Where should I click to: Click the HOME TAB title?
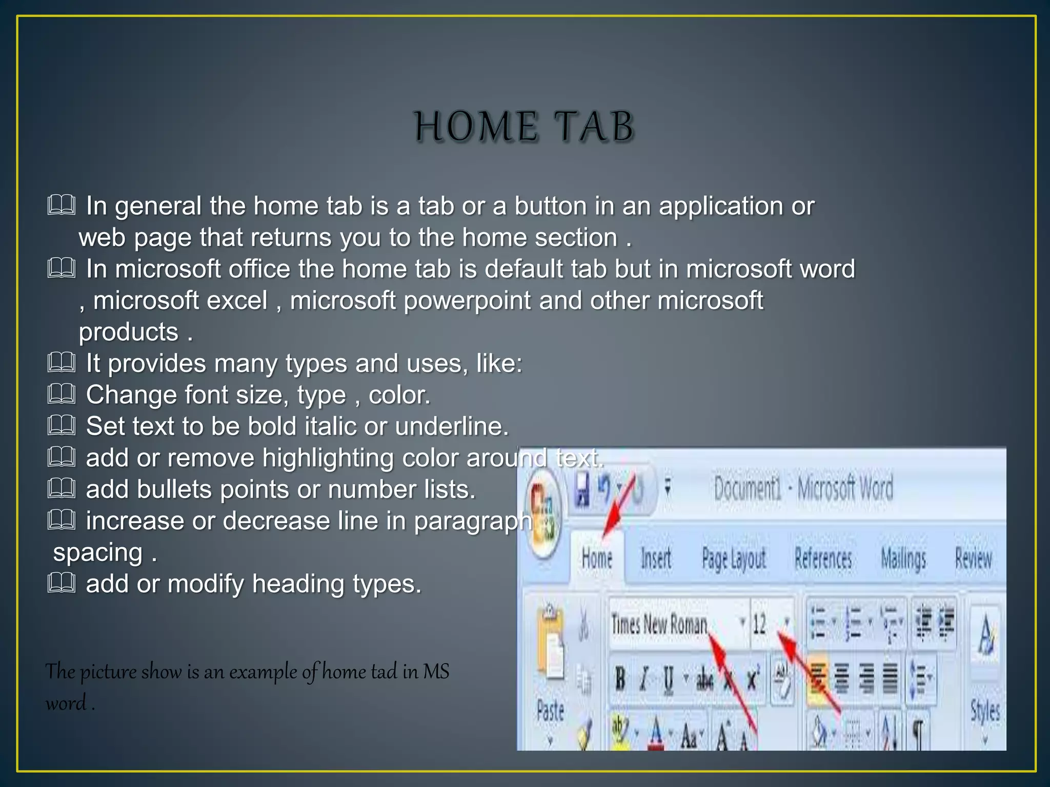coord(524,127)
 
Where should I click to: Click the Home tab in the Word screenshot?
coord(597,558)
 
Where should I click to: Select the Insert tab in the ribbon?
coord(656,558)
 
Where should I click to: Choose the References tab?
coord(823,558)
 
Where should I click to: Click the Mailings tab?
coord(903,558)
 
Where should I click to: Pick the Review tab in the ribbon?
coord(973,558)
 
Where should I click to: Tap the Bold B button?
coord(620,678)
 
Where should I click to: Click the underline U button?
coord(669,679)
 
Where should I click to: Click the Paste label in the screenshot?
coord(550,711)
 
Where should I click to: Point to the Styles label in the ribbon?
coord(985,711)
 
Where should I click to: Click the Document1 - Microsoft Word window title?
coord(803,488)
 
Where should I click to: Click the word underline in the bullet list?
coord(451,426)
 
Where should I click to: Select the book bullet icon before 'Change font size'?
coord(62,395)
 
